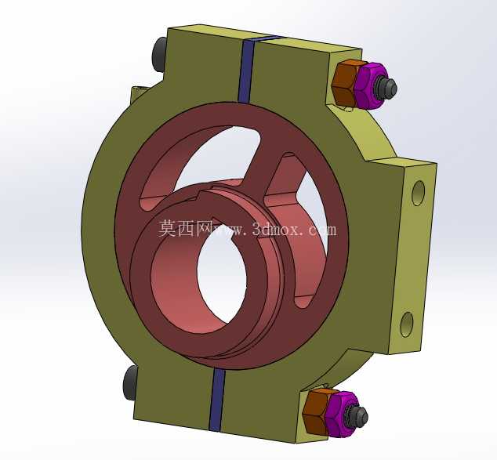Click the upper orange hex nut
tap(346, 83)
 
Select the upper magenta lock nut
tap(369, 86)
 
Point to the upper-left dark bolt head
tap(159, 55)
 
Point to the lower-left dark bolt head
tap(130, 382)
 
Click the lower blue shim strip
tap(217, 400)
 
